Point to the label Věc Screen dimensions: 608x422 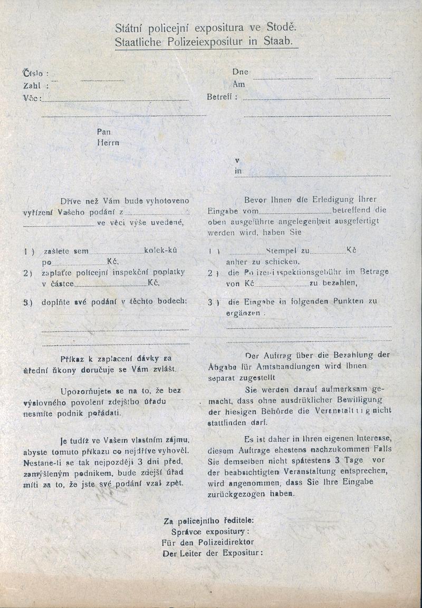(30, 98)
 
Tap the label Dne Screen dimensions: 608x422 (240, 72)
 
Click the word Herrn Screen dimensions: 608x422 (108, 142)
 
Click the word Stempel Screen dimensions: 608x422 (283, 251)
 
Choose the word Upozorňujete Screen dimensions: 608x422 (86, 390)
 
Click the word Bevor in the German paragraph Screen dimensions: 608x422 (256, 200)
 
